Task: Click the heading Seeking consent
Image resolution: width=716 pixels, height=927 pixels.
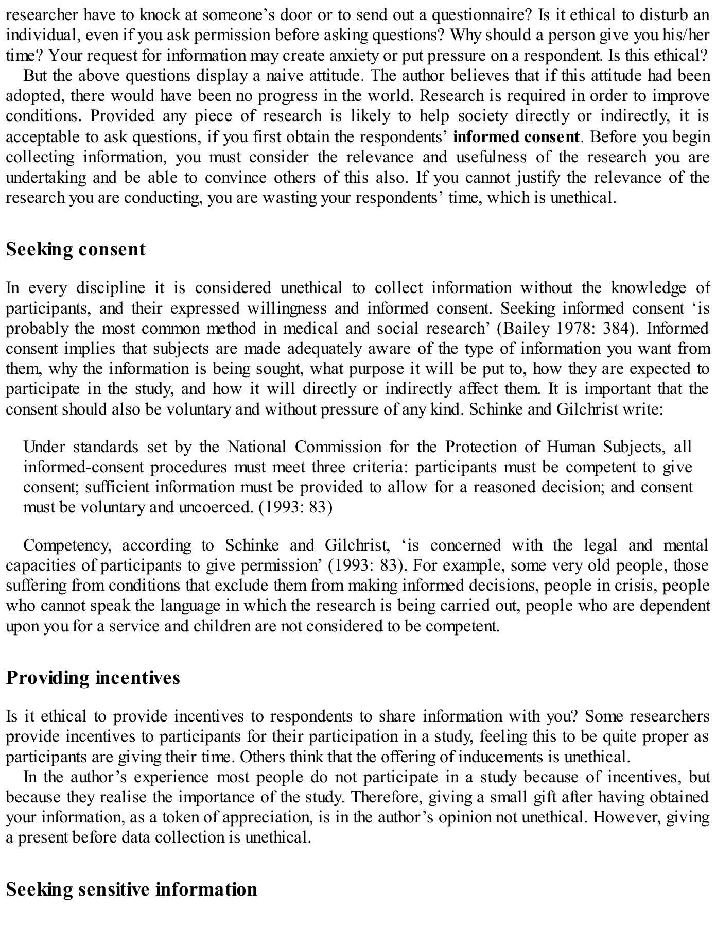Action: pos(76,249)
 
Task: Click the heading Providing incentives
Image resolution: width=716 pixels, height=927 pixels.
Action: pos(93,677)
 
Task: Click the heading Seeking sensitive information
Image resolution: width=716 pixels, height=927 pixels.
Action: pos(131,889)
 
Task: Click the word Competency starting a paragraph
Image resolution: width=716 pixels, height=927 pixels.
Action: pos(64,545)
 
